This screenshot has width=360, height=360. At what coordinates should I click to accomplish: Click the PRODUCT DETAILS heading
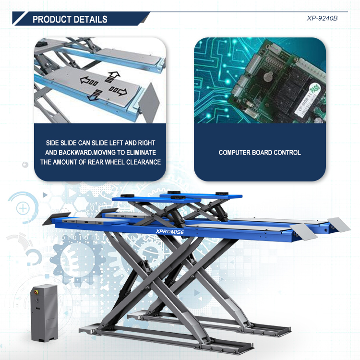click(70, 19)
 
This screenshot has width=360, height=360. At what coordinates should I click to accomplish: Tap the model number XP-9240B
click(322, 18)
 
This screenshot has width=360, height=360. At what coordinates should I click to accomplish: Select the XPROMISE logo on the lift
click(169, 232)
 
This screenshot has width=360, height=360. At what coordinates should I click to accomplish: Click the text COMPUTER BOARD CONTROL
click(260, 153)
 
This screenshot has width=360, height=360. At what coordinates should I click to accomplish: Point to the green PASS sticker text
click(314, 89)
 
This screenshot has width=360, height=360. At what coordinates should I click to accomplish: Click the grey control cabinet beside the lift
click(44, 312)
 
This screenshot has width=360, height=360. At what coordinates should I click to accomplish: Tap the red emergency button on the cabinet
click(36, 292)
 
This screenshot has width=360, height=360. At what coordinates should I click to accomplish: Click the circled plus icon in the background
click(23, 208)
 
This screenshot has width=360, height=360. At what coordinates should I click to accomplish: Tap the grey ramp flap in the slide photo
click(149, 103)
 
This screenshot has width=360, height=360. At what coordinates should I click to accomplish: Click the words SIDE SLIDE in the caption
click(61, 143)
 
